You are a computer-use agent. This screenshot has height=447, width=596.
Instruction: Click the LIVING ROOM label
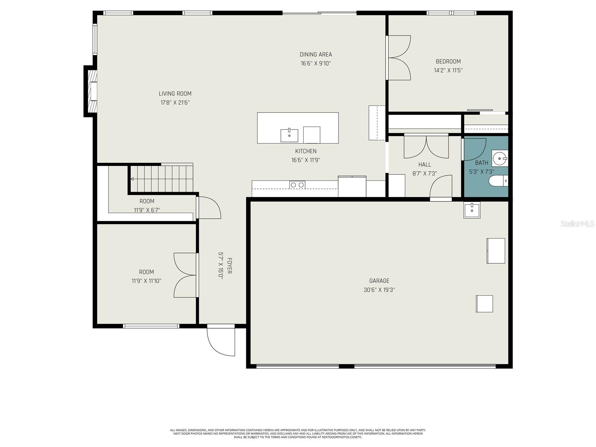click(175, 94)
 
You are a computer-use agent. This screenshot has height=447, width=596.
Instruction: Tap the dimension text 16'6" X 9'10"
click(316, 63)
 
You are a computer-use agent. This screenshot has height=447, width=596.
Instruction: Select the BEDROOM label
click(448, 61)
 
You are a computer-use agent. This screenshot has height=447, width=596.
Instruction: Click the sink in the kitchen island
click(289, 136)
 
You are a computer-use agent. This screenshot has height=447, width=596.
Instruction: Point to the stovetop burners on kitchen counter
click(297, 185)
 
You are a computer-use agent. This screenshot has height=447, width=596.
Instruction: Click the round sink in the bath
click(499, 158)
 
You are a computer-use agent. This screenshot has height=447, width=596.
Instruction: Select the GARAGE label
click(379, 281)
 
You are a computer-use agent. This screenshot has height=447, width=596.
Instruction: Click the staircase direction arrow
click(132, 179)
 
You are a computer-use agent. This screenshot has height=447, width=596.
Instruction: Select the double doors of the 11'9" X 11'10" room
click(185, 275)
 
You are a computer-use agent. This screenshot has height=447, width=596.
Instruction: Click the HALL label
click(424, 165)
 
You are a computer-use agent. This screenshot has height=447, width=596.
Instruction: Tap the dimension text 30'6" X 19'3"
click(379, 290)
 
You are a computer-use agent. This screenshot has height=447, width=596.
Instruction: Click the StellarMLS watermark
click(577, 224)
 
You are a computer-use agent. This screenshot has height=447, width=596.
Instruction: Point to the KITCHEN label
click(306, 151)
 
